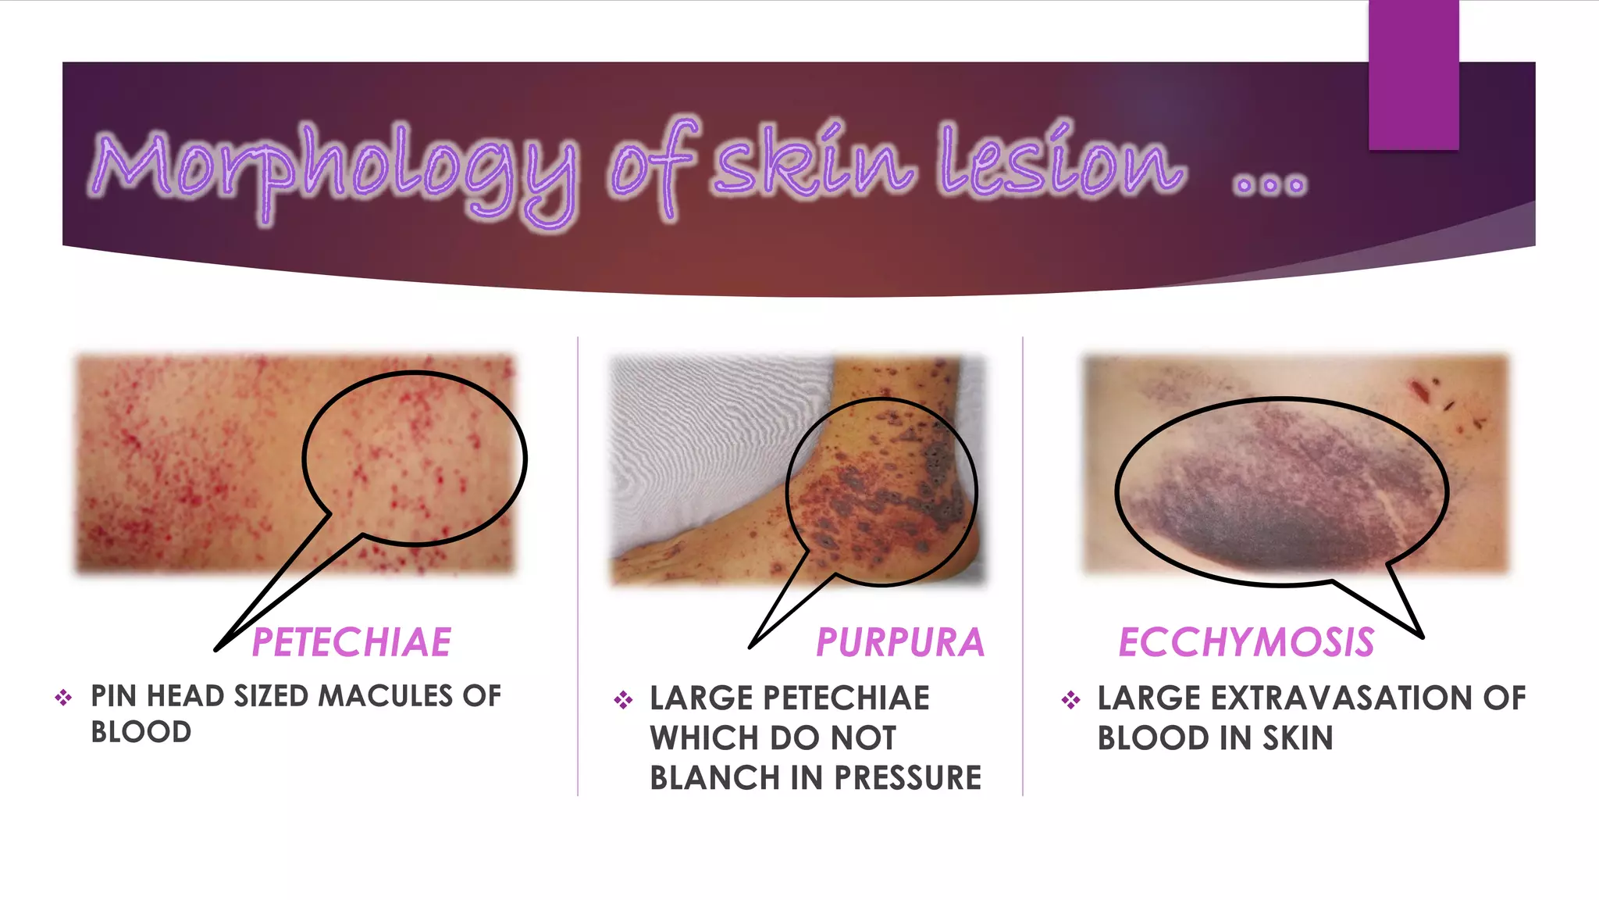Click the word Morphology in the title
[336, 168]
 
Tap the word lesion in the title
[1062, 160]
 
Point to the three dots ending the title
[1269, 185]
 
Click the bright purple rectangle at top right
[1413, 74]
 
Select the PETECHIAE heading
[351, 643]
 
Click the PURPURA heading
[900, 643]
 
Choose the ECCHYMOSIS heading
[1246, 643]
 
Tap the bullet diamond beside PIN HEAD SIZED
[63, 697]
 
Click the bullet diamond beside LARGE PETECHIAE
[623, 699]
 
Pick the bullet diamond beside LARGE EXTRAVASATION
[1070, 699]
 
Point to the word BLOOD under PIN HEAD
[141, 733]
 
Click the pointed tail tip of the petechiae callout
[217, 648]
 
